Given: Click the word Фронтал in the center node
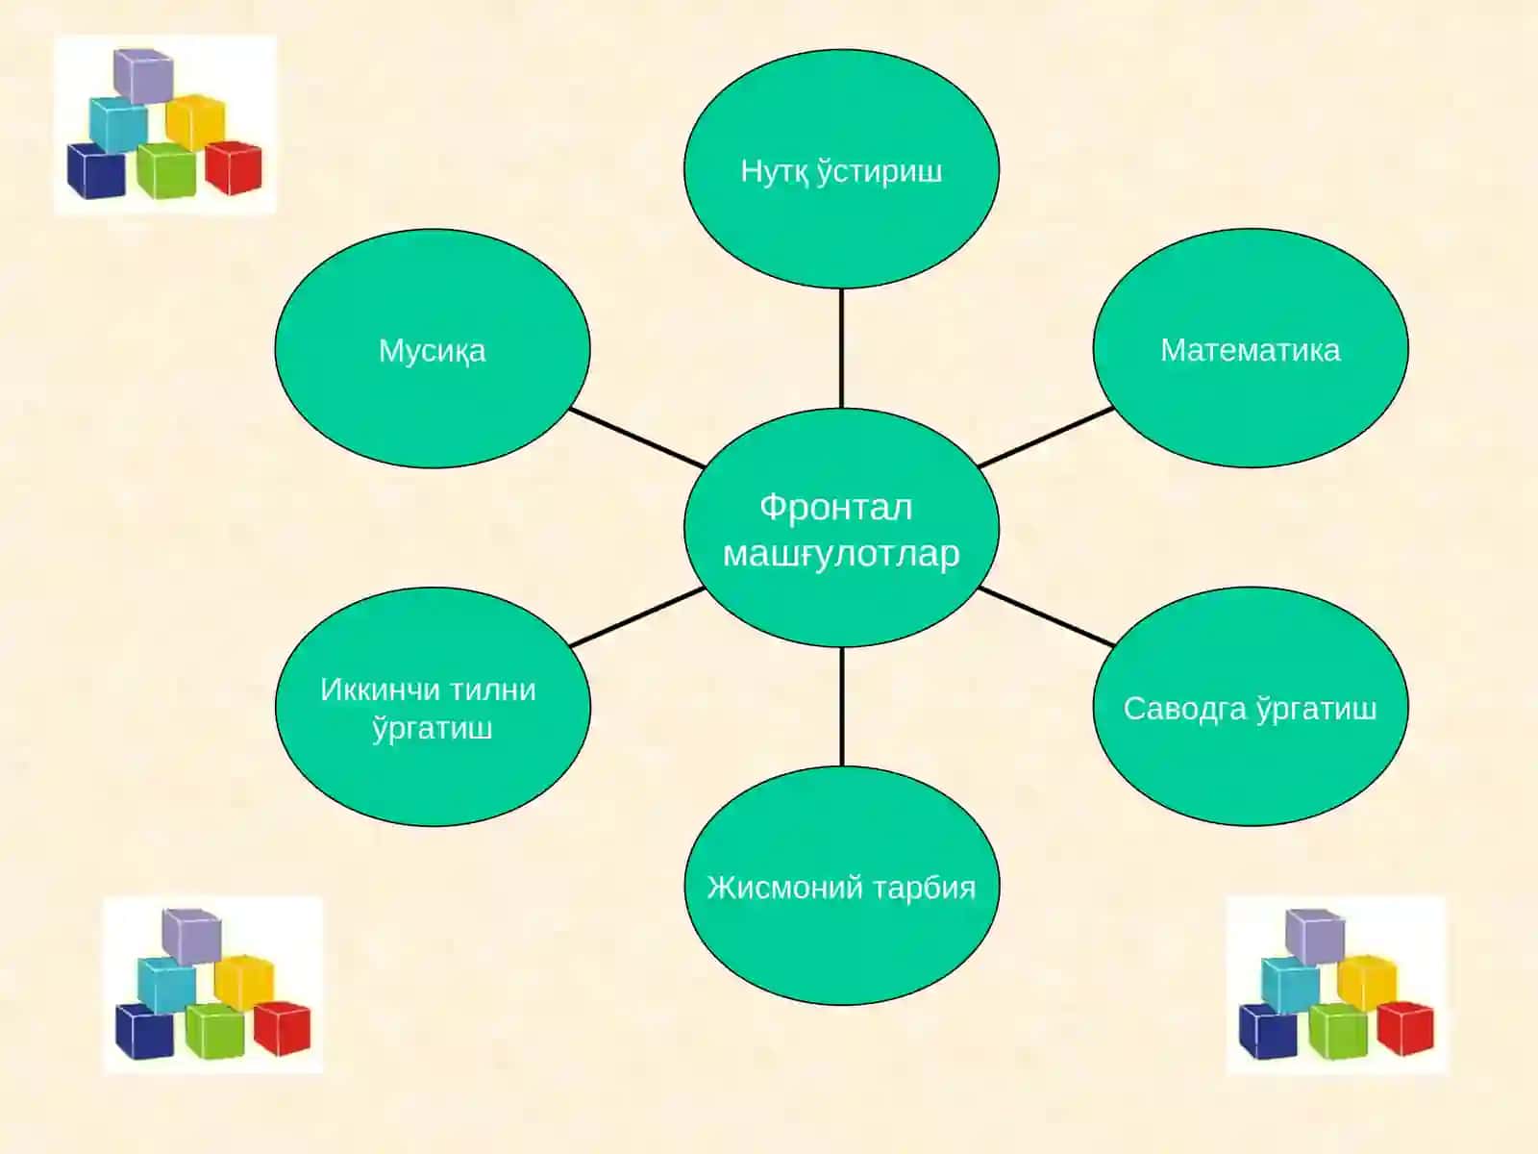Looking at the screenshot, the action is click(836, 508).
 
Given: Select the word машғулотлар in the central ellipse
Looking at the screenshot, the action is click(841, 554).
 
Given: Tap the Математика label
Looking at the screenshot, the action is click(1250, 350).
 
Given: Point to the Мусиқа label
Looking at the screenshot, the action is click(432, 350).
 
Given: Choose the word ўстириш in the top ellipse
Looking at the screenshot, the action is click(881, 172).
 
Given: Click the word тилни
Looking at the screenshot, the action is click(492, 690).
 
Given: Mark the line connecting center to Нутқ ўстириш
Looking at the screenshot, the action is click(841, 348).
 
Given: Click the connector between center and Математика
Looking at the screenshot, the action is click(1046, 438).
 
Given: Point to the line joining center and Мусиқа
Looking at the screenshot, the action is click(637, 438).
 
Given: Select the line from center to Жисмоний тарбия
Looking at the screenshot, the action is click(841, 706).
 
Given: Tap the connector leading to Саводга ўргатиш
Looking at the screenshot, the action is click(1046, 616).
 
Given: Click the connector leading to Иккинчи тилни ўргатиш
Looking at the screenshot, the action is click(637, 616).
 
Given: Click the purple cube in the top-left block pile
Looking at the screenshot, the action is click(143, 75).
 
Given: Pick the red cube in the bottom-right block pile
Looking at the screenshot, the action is click(1405, 1028).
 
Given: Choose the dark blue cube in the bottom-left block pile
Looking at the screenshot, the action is click(143, 1031).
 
